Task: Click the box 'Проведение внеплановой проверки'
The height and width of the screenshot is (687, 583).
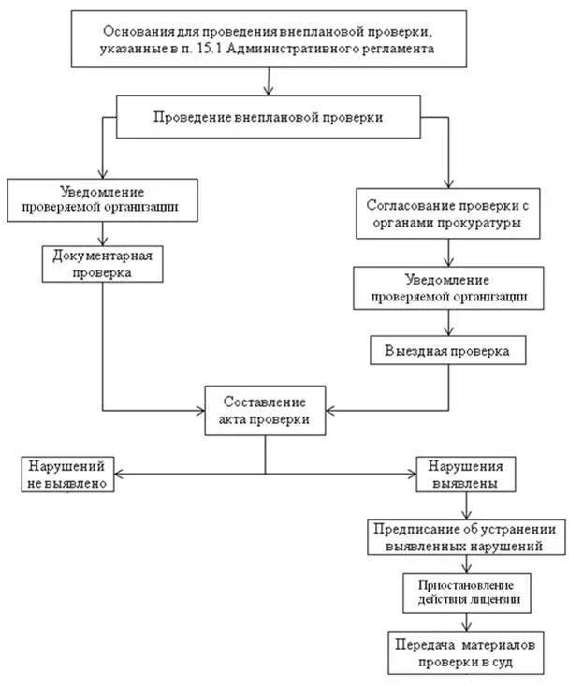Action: [269, 118]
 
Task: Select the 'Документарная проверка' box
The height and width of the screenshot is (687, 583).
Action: [103, 263]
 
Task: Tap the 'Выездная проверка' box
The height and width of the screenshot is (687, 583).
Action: [446, 350]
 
